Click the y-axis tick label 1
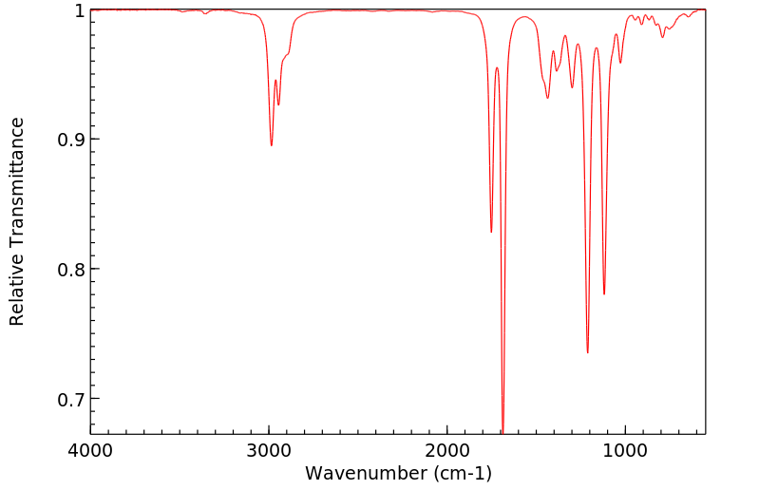[x=79, y=10]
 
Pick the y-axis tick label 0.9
[x=70, y=140]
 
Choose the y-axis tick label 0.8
[x=70, y=270]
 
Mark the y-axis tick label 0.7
[x=70, y=399]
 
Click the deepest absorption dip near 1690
[x=503, y=430]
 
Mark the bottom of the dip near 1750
[x=491, y=232]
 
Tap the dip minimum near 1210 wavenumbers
[x=587, y=352]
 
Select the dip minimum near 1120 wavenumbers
[x=604, y=293]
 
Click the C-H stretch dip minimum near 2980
[x=272, y=145]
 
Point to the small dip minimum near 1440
[x=547, y=98]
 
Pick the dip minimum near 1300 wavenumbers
[x=572, y=87]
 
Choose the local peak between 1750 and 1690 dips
[x=497, y=68]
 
